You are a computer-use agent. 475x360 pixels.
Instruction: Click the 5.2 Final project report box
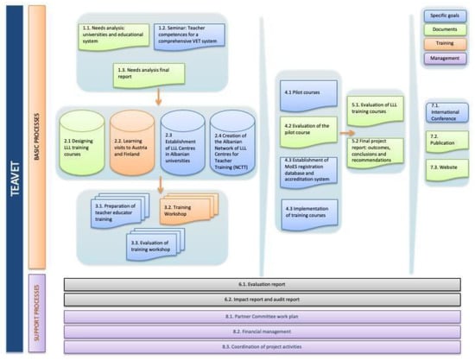point(378,148)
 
